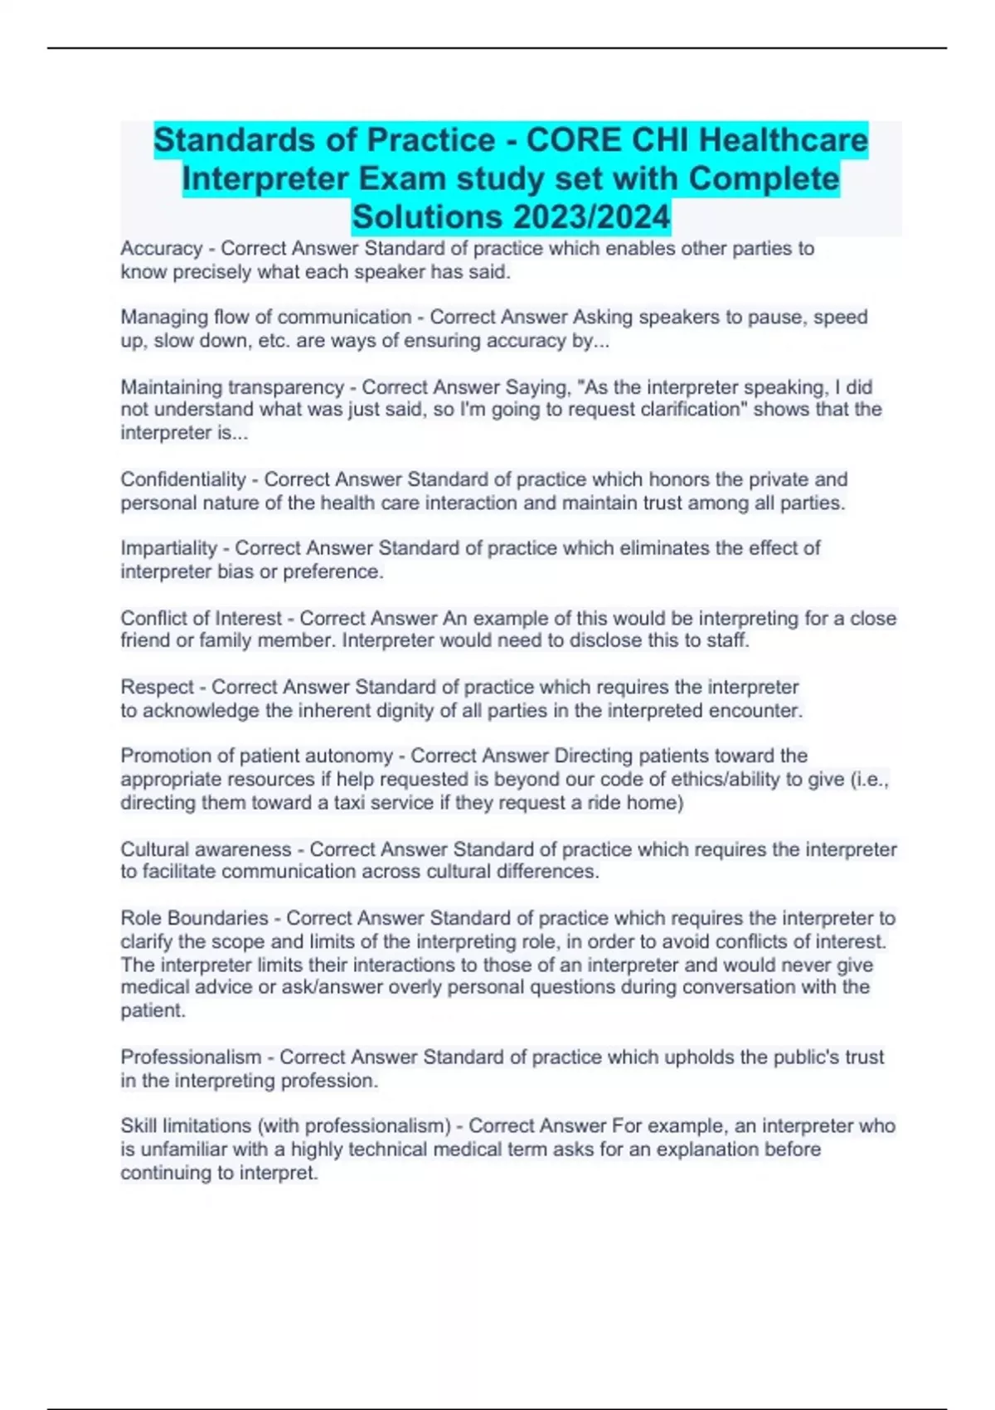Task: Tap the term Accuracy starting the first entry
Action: click(162, 248)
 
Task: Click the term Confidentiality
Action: click(183, 479)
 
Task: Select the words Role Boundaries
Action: click(194, 918)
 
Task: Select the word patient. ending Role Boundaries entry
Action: click(153, 1010)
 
